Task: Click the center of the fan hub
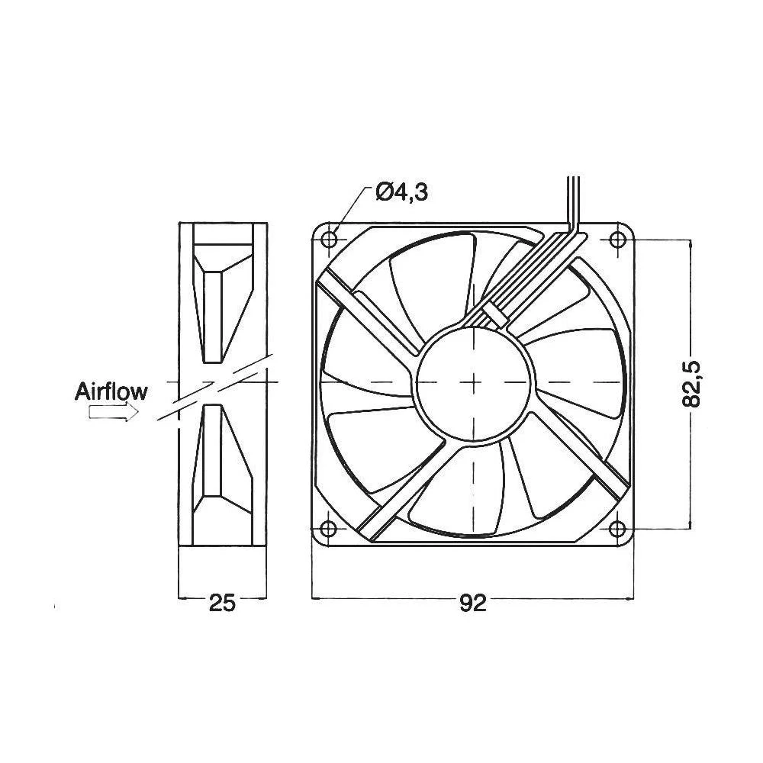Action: (x=474, y=381)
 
